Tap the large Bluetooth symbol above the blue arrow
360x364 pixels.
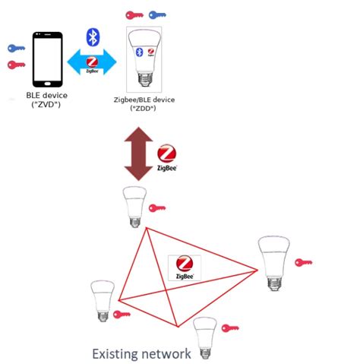pyautogui.click(x=93, y=36)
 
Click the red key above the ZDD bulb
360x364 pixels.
pyautogui.click(x=135, y=14)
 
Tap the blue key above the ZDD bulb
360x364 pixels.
pyautogui.click(x=158, y=14)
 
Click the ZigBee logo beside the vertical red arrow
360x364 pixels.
pyautogui.click(x=167, y=157)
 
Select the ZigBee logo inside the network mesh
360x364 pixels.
pyautogui.click(x=183, y=267)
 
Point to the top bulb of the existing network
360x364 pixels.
pyautogui.click(x=134, y=205)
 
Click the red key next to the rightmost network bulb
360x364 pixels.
pyautogui.click(x=304, y=262)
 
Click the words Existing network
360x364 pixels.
pyautogui.click(x=141, y=353)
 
